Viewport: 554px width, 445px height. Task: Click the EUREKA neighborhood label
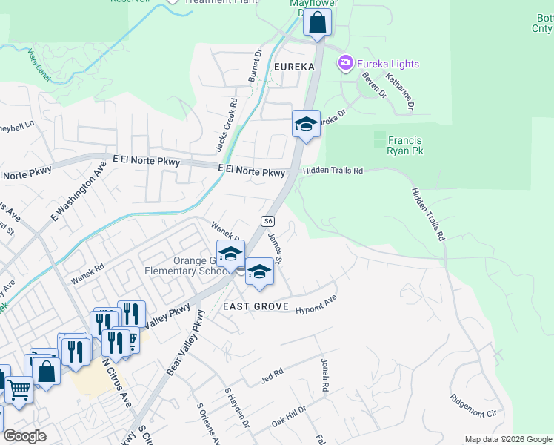tap(294, 67)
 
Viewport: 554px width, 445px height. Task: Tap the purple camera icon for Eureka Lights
tap(345, 64)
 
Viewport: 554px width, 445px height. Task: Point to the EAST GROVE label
tap(250, 306)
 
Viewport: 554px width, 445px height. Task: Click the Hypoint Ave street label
tap(316, 303)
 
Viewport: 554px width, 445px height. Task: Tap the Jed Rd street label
tap(273, 377)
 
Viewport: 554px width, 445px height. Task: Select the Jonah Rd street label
tap(324, 376)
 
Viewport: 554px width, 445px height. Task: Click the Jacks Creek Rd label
tap(226, 125)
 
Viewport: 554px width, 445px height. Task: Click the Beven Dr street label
tap(374, 85)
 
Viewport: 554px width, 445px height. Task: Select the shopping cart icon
tap(19, 389)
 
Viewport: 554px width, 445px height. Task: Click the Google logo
tap(24, 436)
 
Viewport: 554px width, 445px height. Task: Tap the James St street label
tap(276, 248)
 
